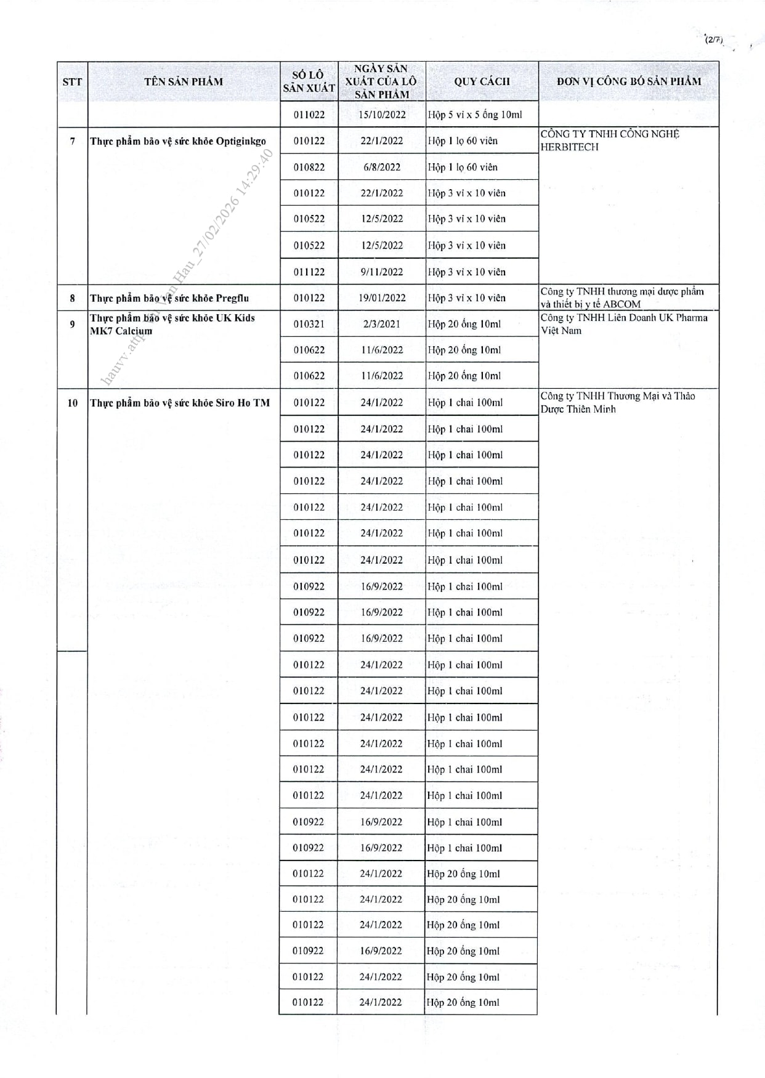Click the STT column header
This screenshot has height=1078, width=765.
(x=72, y=81)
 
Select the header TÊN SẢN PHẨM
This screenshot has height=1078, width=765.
(x=184, y=81)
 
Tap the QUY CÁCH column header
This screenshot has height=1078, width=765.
(x=482, y=81)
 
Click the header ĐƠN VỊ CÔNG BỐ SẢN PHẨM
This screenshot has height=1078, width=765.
(x=628, y=81)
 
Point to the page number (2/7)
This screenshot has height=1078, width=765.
(x=713, y=40)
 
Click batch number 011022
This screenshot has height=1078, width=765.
(x=309, y=115)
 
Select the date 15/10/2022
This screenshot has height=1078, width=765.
(x=382, y=115)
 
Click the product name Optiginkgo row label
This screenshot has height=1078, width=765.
(x=178, y=141)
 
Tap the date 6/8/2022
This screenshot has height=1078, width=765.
(x=382, y=167)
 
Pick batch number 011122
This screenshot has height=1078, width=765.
(x=309, y=272)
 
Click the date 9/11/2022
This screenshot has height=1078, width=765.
(x=382, y=272)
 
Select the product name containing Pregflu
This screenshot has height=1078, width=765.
(x=169, y=298)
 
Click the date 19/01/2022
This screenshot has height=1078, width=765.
(x=382, y=298)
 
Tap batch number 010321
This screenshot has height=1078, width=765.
(x=309, y=324)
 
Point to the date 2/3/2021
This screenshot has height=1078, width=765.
(x=382, y=324)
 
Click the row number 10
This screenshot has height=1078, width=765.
(x=73, y=403)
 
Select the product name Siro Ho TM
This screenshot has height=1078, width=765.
(x=180, y=403)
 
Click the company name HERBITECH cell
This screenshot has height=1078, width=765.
(x=610, y=140)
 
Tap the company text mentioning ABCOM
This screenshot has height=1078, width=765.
(x=622, y=298)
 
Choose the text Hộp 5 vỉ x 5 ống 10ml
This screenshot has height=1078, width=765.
(x=475, y=115)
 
